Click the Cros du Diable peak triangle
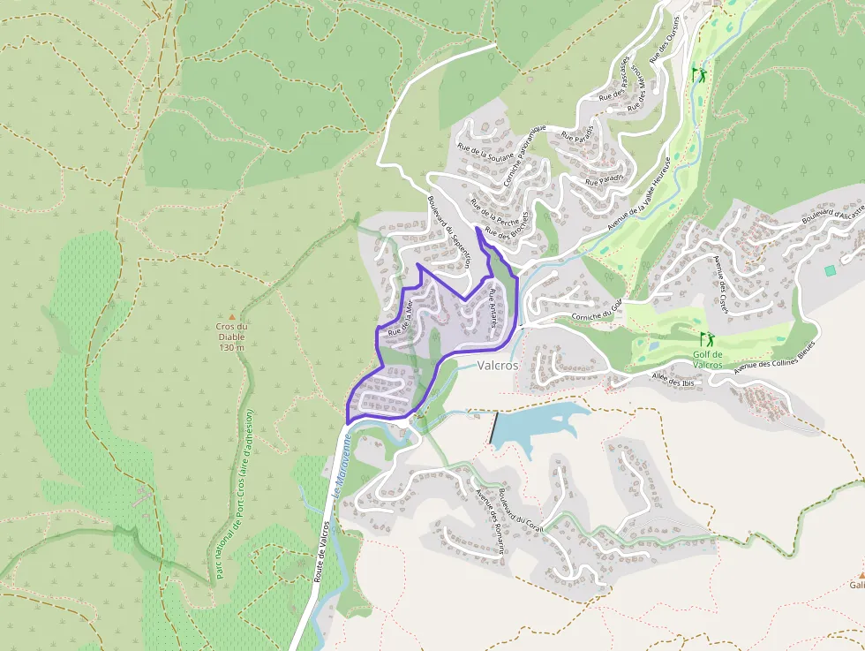(x=232, y=316)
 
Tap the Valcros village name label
(x=499, y=364)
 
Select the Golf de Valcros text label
(x=707, y=360)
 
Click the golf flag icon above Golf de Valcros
(x=706, y=338)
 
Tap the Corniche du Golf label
(x=597, y=310)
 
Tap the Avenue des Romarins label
(x=491, y=521)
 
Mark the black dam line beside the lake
(x=495, y=428)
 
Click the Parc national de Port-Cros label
(x=234, y=495)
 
